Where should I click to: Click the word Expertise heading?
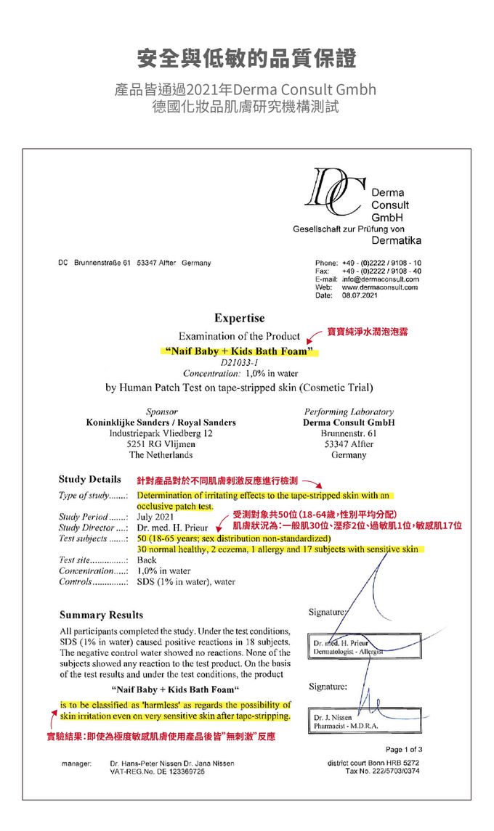click(240, 319)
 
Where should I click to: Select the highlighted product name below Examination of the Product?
click(239, 352)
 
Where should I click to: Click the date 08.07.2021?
click(360, 295)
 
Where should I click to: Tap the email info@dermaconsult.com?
click(380, 279)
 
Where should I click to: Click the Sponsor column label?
click(161, 412)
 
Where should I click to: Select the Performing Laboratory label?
click(349, 412)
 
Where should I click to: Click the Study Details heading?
click(90, 480)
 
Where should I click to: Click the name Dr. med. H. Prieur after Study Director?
click(172, 528)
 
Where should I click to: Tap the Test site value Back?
click(147, 560)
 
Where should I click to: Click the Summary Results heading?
click(101, 615)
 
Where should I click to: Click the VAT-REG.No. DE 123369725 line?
click(156, 771)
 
